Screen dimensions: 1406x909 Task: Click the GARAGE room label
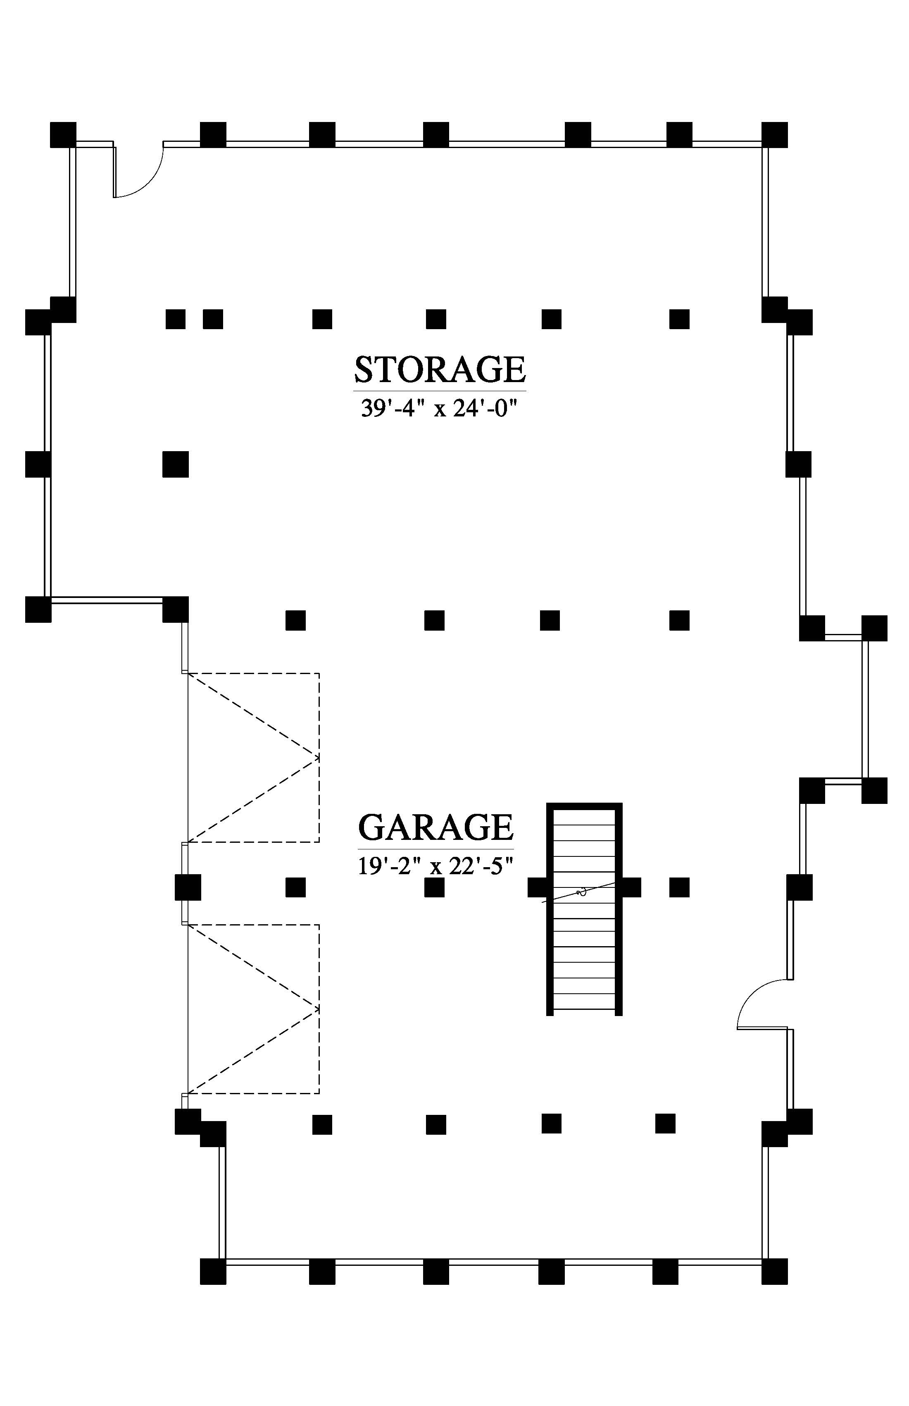coord(435,827)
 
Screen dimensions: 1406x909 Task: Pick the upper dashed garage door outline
coord(254,757)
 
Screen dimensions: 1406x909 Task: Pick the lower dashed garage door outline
coord(254,1009)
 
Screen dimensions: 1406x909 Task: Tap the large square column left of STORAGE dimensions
coord(175,464)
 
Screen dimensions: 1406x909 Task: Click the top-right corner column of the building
coord(774,135)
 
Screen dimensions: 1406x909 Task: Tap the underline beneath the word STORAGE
coord(440,390)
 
